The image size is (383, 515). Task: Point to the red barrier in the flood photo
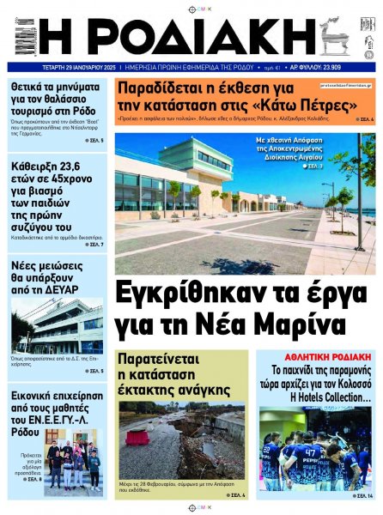(x=137, y=437)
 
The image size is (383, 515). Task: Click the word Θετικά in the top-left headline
(x=35, y=87)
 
